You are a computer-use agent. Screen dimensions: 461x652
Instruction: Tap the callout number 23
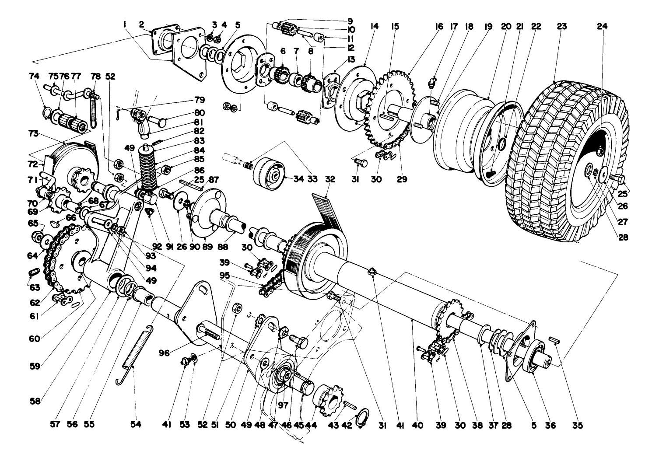(x=562, y=27)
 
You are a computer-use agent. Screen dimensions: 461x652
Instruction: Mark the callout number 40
(x=418, y=425)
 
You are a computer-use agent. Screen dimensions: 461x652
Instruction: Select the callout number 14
(x=374, y=27)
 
